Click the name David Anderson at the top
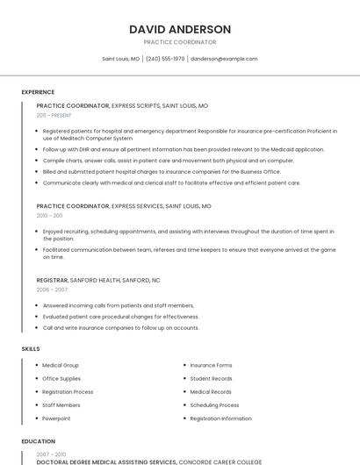coord(180,29)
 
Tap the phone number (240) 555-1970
coord(165,59)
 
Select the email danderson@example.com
coord(224,59)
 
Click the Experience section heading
coord(38,91)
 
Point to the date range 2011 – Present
coord(54,115)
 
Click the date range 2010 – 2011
coord(49,215)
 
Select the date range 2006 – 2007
coord(52,289)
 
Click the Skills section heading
coord(31,348)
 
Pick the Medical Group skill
coord(61,365)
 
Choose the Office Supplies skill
coord(61,378)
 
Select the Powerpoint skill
coord(56,418)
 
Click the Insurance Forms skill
coord(211,365)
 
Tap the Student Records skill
coord(211,378)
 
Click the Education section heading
coord(38,441)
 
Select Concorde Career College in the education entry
coord(220,461)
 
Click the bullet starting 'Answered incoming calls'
coord(118,305)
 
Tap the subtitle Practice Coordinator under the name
coord(180,42)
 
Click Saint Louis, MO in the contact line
coord(120,59)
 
